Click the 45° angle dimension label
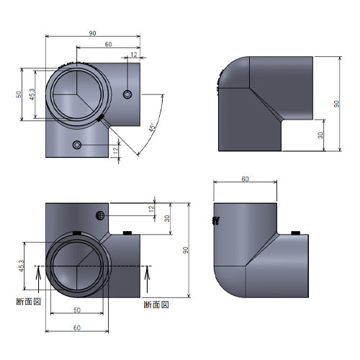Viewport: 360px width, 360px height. coord(152,127)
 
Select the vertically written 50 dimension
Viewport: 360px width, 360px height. coord(19,94)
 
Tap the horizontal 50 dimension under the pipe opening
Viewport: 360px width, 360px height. coord(77,310)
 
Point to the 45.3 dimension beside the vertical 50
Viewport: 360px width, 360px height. coord(32,94)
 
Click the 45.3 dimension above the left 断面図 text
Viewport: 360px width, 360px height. coord(22,266)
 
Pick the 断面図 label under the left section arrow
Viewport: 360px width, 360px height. coord(29,302)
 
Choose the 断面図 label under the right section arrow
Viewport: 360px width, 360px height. coord(156,305)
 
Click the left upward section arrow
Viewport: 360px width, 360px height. coord(38,279)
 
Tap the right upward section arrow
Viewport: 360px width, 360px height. coord(147,279)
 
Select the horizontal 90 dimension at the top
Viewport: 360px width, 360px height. coord(93,33)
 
